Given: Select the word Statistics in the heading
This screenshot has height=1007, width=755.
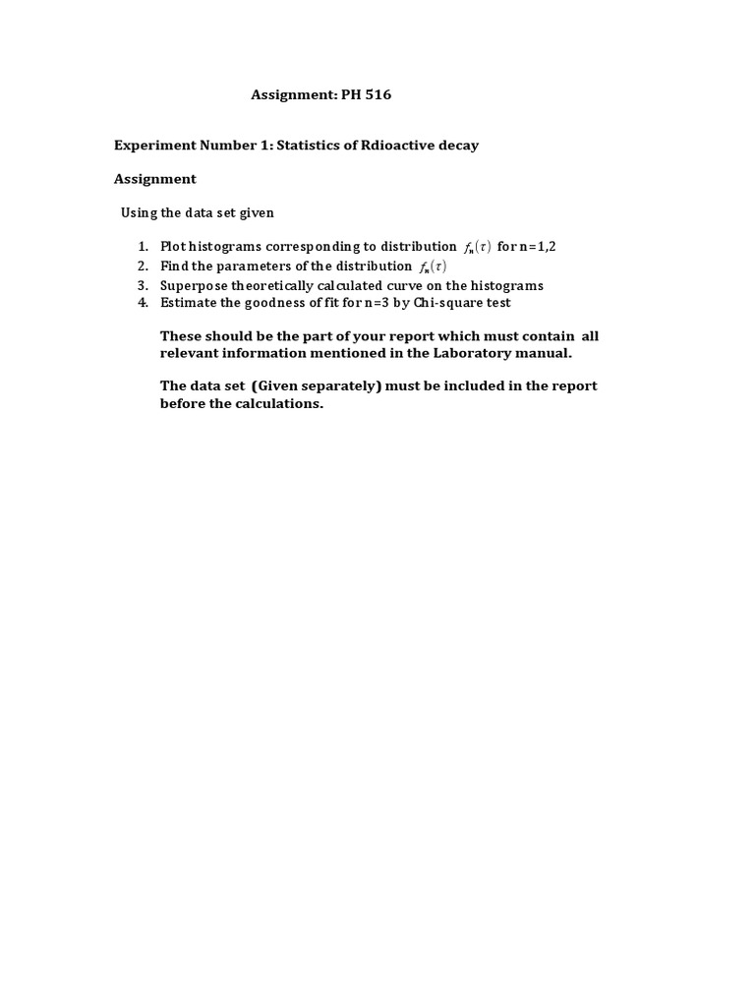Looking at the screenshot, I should [x=310, y=146].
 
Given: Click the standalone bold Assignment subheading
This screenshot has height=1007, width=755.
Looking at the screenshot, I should [x=154, y=179].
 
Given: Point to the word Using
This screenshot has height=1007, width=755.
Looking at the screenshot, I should [x=140, y=212].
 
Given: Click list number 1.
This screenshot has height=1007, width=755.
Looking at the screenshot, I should [x=143, y=246].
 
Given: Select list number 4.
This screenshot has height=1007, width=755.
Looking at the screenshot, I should [x=143, y=302].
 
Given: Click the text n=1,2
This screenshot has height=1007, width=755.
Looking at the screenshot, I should [x=538, y=246].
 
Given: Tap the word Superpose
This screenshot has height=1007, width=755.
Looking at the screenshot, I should [x=193, y=285].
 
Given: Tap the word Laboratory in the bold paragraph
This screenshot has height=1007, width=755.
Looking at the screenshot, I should [x=466, y=353].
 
